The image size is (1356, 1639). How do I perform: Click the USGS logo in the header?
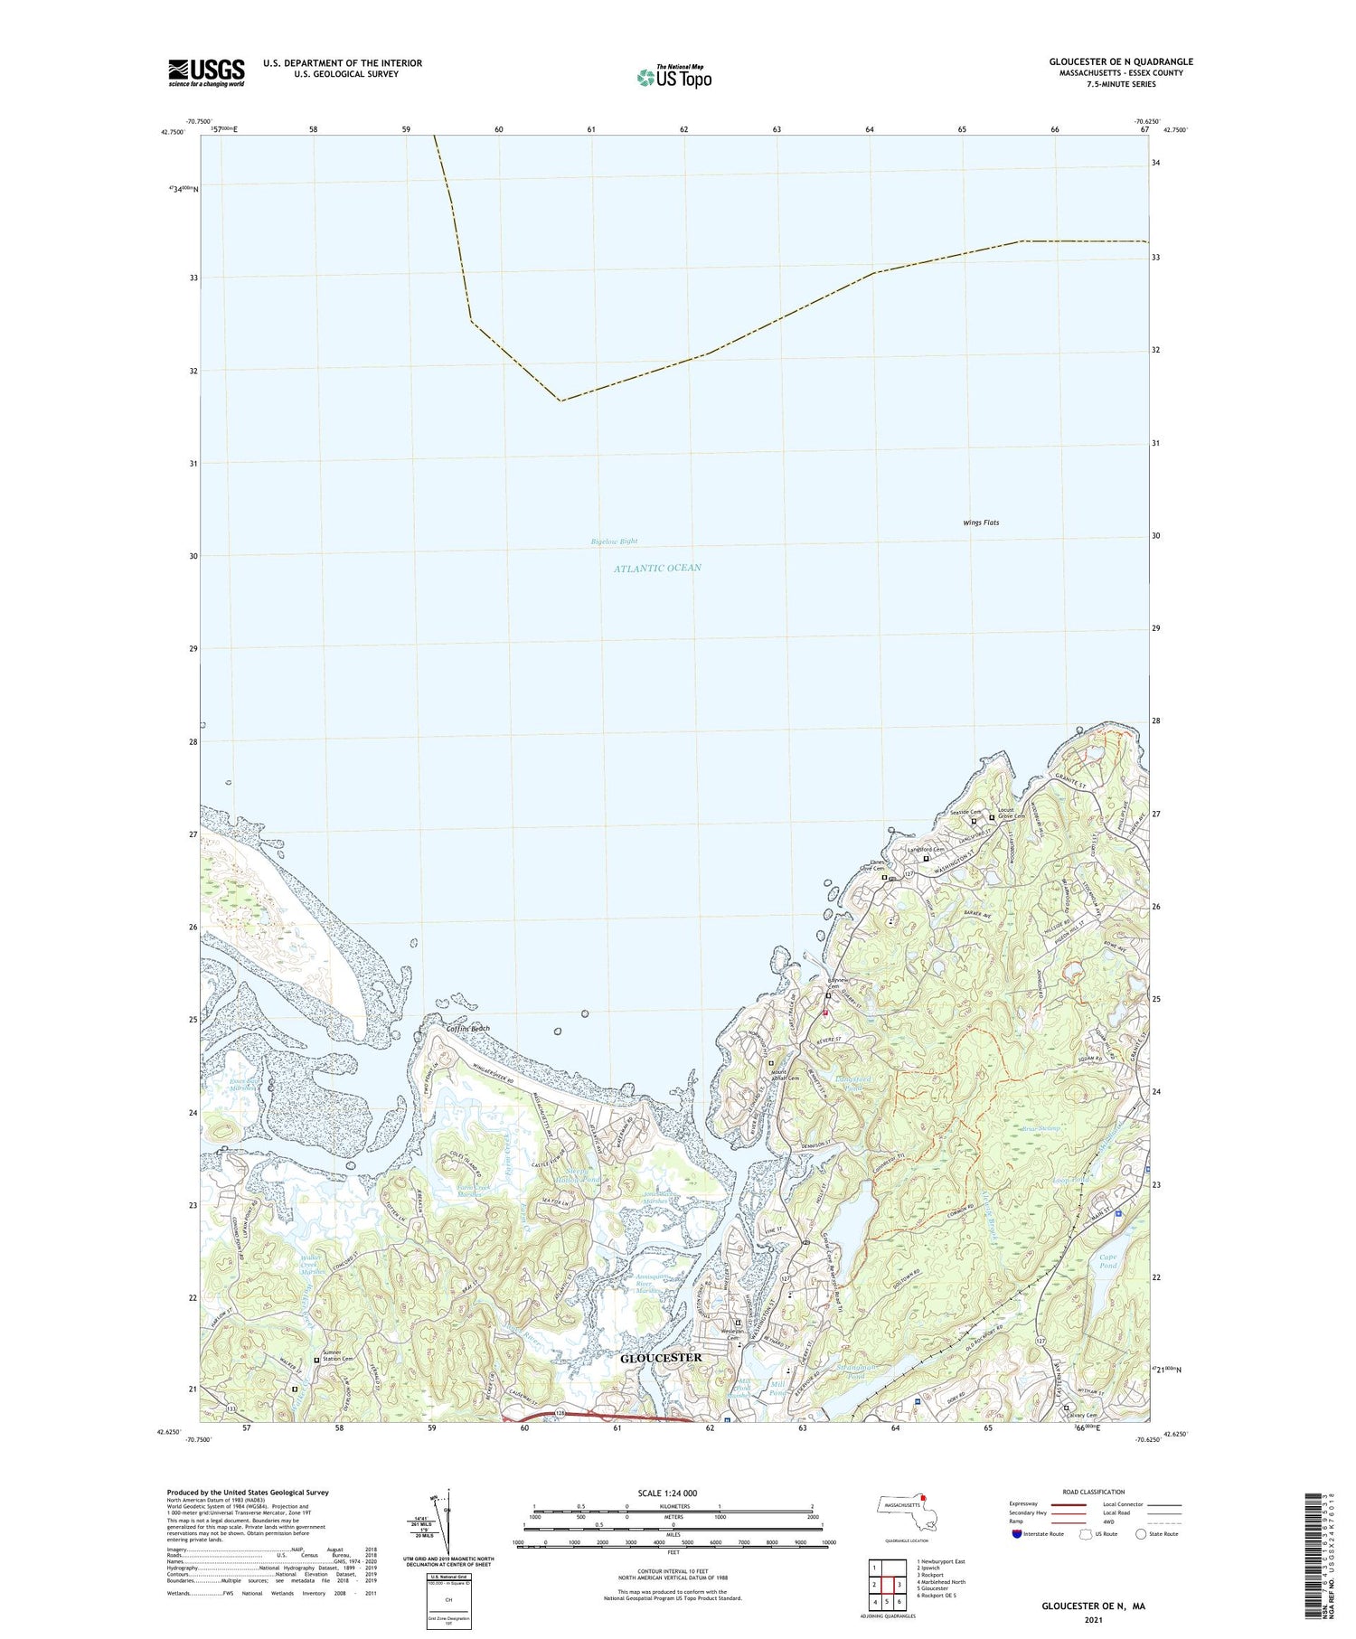pos(206,72)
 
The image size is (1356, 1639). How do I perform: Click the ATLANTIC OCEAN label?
pos(657,568)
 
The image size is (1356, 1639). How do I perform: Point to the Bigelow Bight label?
pos(614,542)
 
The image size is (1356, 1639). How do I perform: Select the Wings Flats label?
pos(980,523)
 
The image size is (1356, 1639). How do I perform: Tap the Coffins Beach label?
pos(468,1029)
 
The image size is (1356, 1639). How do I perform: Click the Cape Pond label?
pos(1109,1260)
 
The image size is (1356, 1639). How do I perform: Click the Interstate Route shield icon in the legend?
pos(1016,1534)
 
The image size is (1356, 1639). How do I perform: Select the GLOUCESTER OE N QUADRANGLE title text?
pos(1120,61)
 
